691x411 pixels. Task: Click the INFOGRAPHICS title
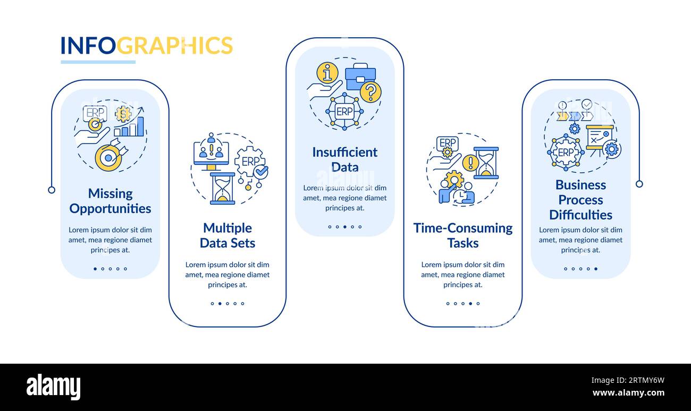(147, 45)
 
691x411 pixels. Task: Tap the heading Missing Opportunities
(110, 201)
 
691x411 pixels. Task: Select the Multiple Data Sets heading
(227, 236)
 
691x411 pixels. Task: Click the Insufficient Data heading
(345, 160)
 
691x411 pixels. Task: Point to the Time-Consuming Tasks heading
(463, 236)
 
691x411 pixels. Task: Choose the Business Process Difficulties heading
(580, 200)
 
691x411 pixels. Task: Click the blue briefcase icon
(360, 77)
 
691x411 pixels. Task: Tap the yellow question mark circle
(371, 91)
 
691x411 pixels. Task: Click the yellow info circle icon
(327, 73)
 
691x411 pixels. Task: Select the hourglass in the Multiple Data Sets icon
(222, 189)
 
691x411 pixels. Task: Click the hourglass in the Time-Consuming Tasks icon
(486, 163)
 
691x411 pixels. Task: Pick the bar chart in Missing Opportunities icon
(129, 127)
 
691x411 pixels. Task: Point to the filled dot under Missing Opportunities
(95, 269)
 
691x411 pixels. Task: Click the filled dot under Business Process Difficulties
(596, 269)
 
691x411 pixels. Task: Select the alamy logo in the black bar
(53, 387)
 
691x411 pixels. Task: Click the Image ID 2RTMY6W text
(628, 380)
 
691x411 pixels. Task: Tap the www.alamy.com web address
(628, 393)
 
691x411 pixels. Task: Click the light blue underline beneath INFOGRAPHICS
(98, 62)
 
